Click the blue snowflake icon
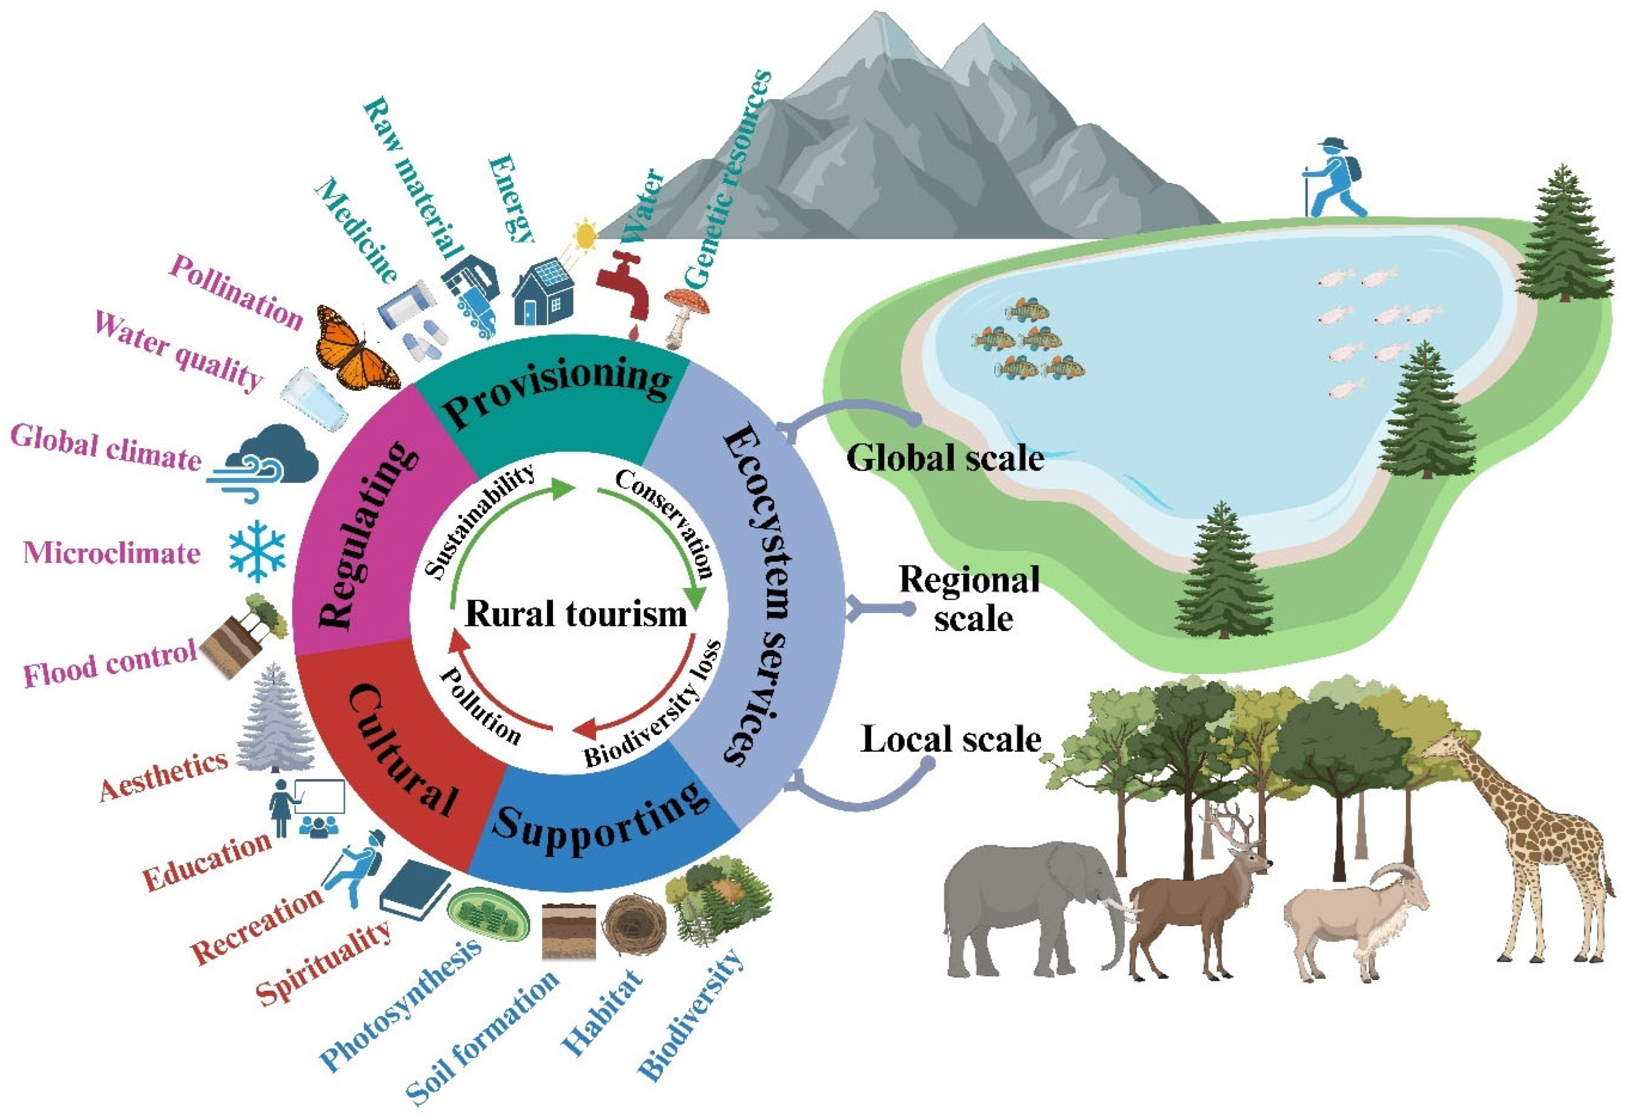(258, 550)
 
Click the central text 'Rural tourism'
(576, 614)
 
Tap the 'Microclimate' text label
(112, 554)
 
